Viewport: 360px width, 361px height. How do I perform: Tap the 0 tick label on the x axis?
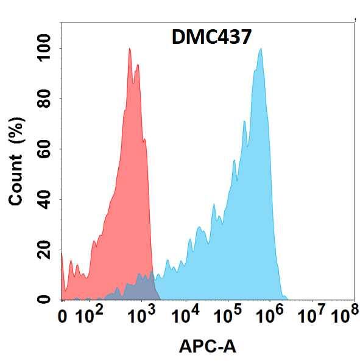click(x=62, y=317)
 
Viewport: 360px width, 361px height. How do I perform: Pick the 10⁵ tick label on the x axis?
click(x=228, y=316)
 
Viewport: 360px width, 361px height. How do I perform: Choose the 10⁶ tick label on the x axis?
click(x=270, y=316)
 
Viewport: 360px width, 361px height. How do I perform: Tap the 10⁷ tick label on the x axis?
click(x=312, y=316)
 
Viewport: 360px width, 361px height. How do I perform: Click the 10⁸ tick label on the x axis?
click(x=344, y=316)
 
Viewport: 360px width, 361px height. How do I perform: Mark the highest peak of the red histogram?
click(x=130, y=49)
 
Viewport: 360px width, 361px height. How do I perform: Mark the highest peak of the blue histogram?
click(x=261, y=49)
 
